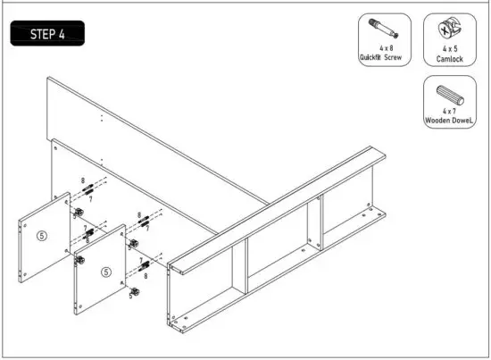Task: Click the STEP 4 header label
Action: tap(50, 34)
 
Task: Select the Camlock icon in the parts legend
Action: tap(444, 29)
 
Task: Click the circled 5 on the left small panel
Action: tap(41, 237)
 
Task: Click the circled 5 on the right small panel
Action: tap(105, 272)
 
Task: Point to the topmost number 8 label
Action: tap(83, 180)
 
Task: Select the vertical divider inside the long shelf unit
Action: tap(313, 224)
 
